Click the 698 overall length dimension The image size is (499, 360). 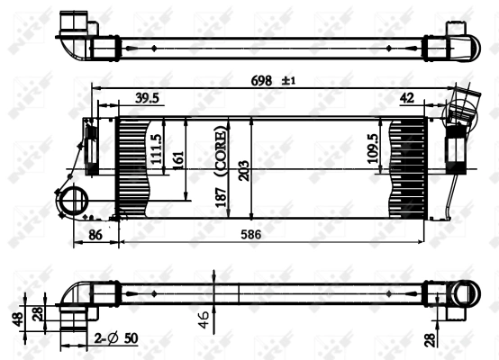tap(263, 81)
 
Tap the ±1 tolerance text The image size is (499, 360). tap(289, 81)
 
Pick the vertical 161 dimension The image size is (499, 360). tap(177, 157)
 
